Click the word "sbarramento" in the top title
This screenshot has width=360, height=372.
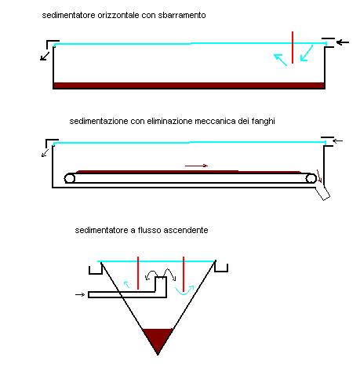point(182,15)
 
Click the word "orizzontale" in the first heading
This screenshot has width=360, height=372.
point(118,15)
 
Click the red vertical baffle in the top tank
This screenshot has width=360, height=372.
point(293,47)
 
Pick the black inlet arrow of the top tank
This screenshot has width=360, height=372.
point(343,42)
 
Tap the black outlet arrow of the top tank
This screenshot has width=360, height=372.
point(45,57)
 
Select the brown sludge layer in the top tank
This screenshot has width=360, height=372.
point(189,86)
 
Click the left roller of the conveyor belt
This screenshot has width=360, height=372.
point(70,178)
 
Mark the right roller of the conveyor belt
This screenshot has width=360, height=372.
point(311,178)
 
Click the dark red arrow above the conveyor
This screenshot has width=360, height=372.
point(196,166)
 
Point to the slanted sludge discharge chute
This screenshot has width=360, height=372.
point(322,194)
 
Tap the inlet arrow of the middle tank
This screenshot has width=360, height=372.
point(337,140)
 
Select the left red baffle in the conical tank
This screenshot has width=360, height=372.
point(138,273)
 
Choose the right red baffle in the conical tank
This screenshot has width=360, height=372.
point(184,274)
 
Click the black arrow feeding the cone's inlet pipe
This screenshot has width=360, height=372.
point(80,294)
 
